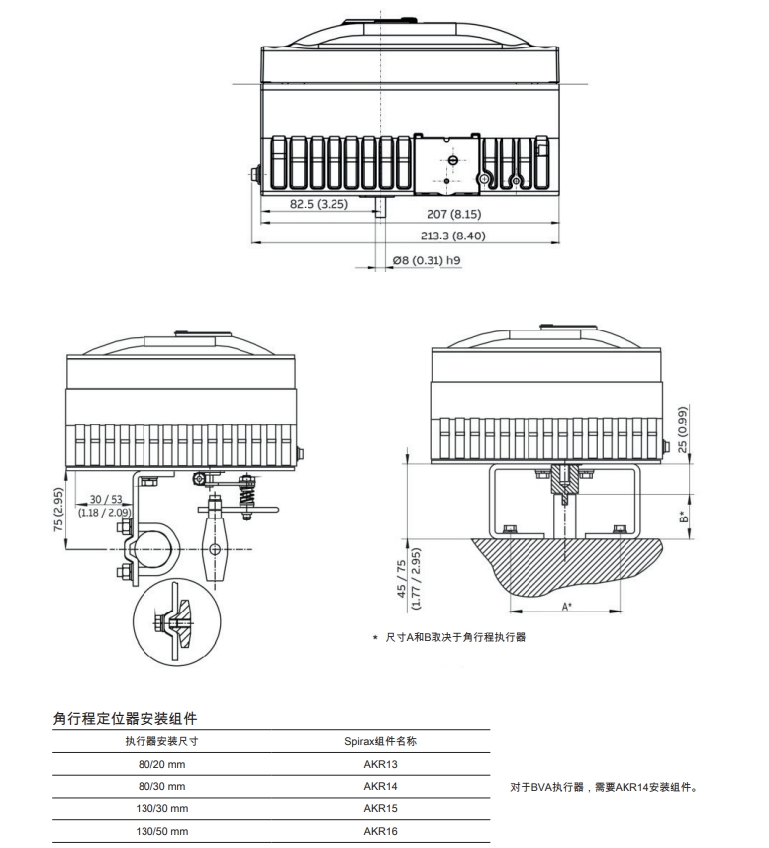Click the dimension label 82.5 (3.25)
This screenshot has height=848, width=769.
(318, 204)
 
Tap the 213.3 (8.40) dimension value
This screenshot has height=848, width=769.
(452, 236)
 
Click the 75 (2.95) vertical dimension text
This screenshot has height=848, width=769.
(60, 513)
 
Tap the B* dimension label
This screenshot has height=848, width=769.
(683, 517)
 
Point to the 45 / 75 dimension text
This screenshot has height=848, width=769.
(400, 579)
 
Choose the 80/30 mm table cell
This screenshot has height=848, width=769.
(161, 787)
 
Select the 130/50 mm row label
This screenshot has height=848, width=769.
(161, 832)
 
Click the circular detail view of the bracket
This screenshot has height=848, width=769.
(176, 620)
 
